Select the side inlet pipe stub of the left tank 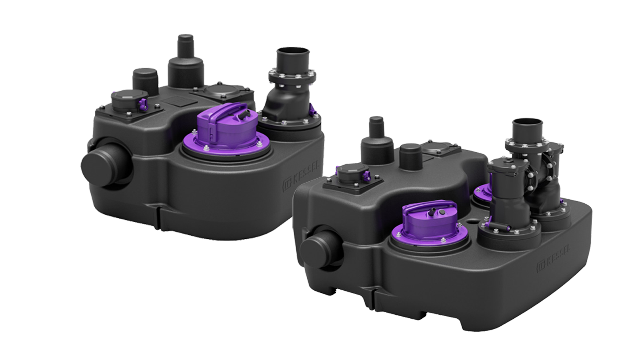106,162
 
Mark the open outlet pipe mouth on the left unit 291,56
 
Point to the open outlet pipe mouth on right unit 528,125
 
